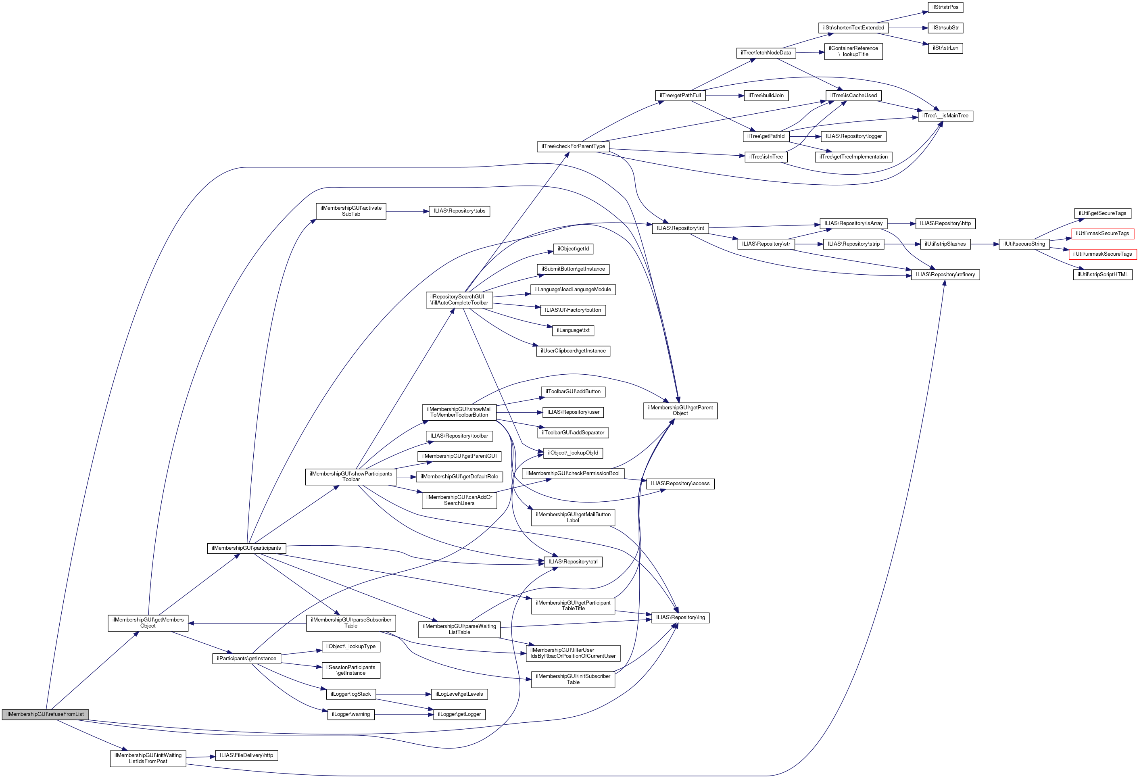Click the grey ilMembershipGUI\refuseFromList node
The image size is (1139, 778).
click(x=45, y=714)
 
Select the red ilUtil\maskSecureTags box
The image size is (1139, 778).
click(x=1102, y=234)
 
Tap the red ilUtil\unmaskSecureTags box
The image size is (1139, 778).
click(x=1102, y=254)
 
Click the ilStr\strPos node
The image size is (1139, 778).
click(x=945, y=7)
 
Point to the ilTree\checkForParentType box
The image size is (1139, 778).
click(x=573, y=146)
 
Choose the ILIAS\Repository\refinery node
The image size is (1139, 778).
click(x=945, y=275)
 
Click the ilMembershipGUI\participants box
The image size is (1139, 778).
click(x=246, y=548)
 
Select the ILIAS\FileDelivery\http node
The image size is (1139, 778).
click(x=246, y=755)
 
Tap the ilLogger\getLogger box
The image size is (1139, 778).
click(x=459, y=714)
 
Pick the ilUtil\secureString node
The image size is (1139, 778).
click(x=1024, y=244)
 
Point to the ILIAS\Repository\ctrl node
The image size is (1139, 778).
click(x=573, y=562)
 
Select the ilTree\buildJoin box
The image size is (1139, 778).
click(x=766, y=96)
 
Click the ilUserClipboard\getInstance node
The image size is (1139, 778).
click(x=573, y=351)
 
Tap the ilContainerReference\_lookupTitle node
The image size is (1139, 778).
click(x=853, y=52)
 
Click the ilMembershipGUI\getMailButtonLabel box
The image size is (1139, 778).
click(x=573, y=517)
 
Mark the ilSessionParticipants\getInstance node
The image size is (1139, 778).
click(x=350, y=670)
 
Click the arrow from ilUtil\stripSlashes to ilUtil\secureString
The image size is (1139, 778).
click(x=985, y=244)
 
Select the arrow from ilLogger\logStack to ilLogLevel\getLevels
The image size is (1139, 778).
click(x=403, y=694)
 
